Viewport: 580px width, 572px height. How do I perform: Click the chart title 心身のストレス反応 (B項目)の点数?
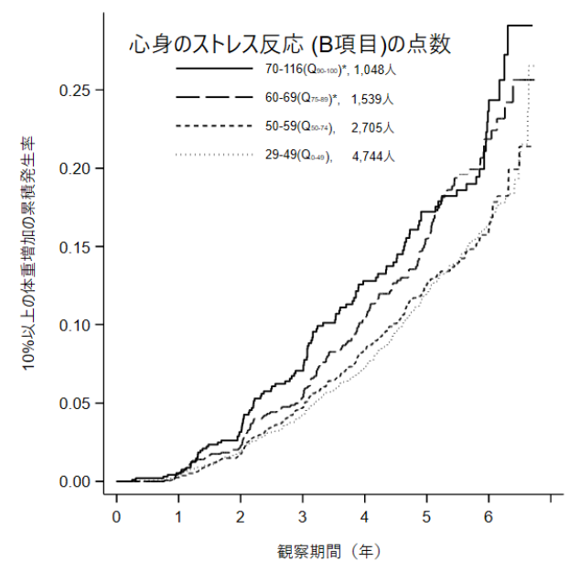pyautogui.click(x=290, y=43)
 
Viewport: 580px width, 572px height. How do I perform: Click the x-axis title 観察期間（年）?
pyautogui.click(x=328, y=552)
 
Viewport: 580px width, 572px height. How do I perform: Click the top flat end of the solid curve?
pyautogui.click(x=520, y=26)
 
